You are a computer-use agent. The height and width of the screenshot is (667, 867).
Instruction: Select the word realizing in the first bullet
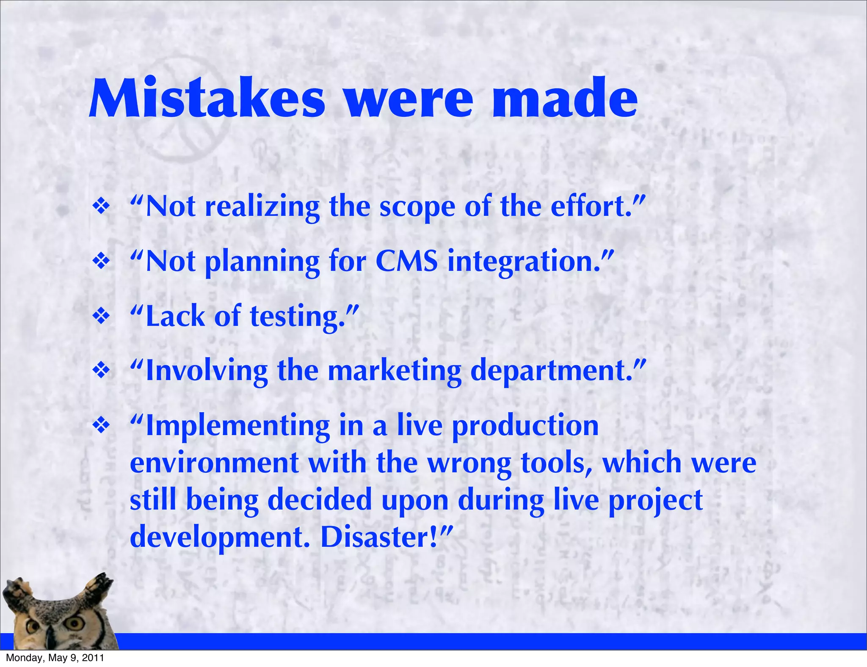(x=262, y=207)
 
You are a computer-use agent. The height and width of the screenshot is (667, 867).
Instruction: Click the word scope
(x=417, y=207)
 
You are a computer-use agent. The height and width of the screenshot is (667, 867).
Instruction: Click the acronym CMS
(x=406, y=261)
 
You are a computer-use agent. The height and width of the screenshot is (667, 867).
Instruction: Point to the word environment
(x=214, y=463)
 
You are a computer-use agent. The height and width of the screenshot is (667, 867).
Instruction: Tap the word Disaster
(x=379, y=537)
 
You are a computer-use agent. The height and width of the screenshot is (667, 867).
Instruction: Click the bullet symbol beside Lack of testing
(x=101, y=316)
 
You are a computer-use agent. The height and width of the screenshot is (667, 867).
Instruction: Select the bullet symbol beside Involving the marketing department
(x=101, y=371)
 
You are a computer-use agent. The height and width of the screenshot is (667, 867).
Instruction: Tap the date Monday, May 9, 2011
(x=55, y=658)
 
